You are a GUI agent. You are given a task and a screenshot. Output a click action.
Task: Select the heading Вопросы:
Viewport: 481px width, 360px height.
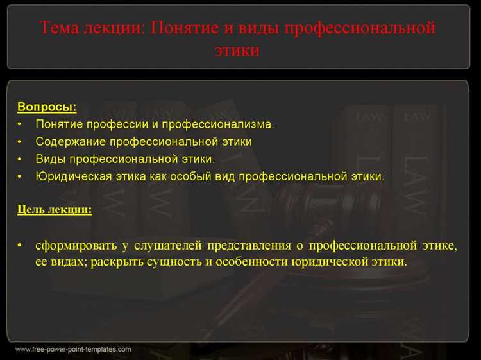[47, 107]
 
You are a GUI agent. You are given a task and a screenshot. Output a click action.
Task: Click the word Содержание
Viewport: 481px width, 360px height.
[70, 141]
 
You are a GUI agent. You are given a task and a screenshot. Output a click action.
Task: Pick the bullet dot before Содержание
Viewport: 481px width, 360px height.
[21, 141]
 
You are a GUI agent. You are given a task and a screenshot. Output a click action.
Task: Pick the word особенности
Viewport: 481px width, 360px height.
[258, 262]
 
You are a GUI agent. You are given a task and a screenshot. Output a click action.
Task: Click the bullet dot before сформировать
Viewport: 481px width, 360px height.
[21, 246]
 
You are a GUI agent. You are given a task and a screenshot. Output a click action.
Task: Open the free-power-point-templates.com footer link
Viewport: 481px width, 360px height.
[72, 350]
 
